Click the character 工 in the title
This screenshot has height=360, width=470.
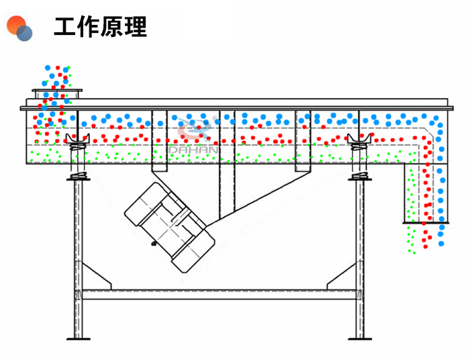[x=65, y=26]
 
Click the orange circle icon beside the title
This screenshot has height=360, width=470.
[x=15, y=24]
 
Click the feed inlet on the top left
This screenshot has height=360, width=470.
[x=56, y=92]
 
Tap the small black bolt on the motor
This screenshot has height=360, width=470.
[x=154, y=243]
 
